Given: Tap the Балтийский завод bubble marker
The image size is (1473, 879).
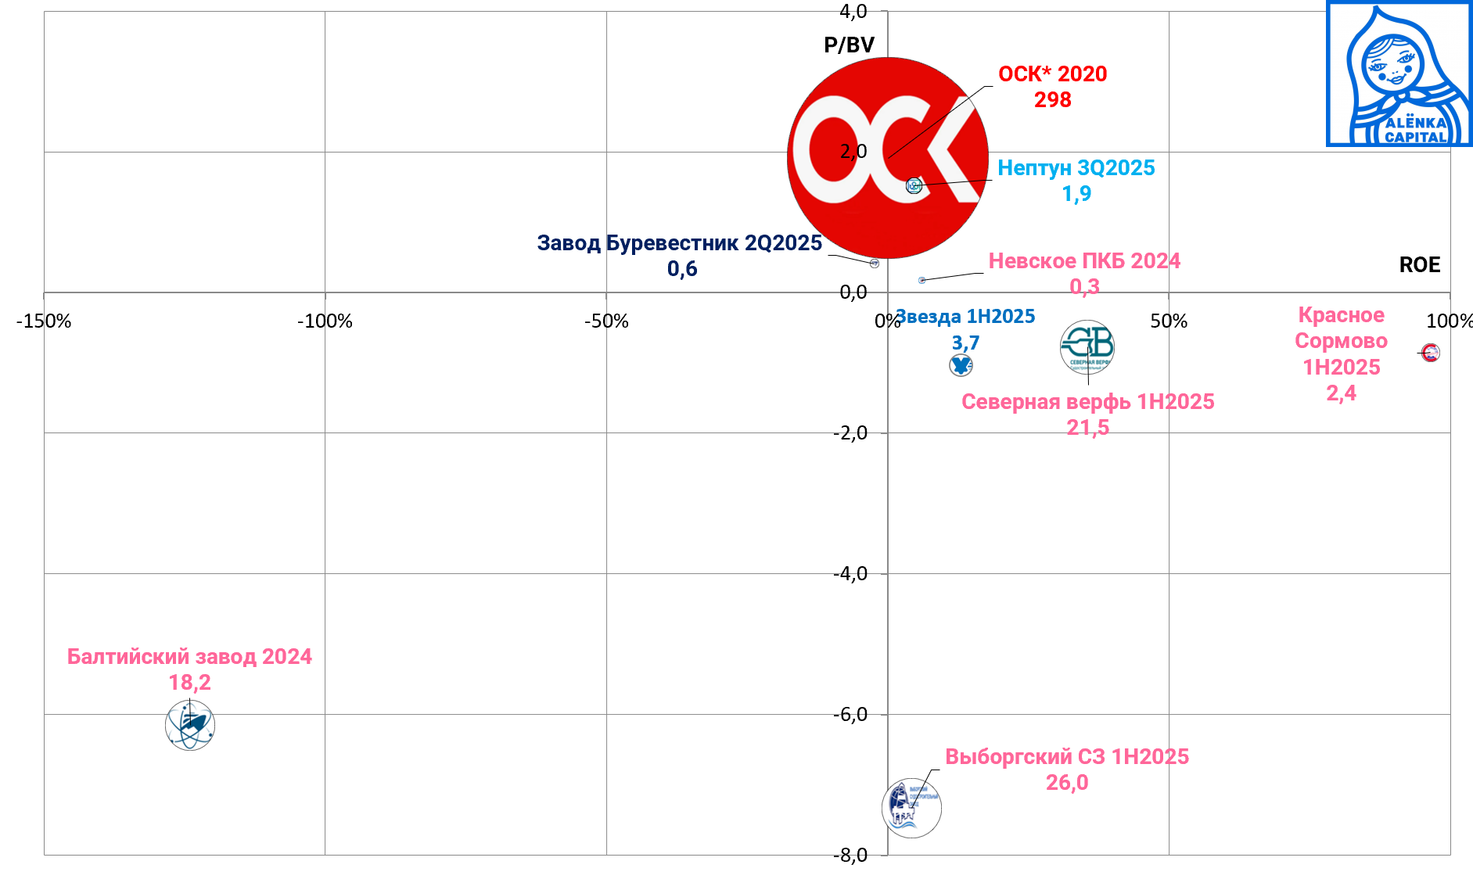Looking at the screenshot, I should (x=190, y=726).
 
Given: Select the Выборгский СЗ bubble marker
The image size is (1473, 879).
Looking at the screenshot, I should (x=911, y=808).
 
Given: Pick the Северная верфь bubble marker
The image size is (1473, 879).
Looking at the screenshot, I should (x=1087, y=346).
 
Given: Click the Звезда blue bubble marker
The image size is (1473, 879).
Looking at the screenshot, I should (x=961, y=365).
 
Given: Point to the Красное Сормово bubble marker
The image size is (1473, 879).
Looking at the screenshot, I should (x=1431, y=353).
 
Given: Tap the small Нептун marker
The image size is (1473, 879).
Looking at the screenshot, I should (x=914, y=185).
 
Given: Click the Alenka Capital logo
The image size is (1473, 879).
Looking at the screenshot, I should (x=1399, y=74).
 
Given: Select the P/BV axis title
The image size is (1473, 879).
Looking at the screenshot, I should (x=849, y=45).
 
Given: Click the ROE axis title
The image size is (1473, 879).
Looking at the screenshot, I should (x=1419, y=265).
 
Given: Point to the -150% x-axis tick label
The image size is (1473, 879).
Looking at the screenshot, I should (x=44, y=321).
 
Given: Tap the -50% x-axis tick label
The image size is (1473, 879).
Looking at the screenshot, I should (x=606, y=321).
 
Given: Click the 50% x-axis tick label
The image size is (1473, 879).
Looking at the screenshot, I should (x=1169, y=321).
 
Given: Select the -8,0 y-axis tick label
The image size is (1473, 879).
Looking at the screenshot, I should (x=850, y=855).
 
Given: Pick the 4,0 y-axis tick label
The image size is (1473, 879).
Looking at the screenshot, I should (x=853, y=11).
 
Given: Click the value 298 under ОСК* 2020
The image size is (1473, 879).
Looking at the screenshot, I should (x=1052, y=100).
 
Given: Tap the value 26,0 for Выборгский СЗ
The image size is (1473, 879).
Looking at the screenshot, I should (x=1067, y=783).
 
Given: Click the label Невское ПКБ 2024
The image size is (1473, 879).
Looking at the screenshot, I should (x=1084, y=261).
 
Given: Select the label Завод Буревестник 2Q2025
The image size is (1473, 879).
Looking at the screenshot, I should (x=679, y=243).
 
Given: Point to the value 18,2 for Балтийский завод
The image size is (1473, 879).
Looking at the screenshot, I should (x=189, y=683).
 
